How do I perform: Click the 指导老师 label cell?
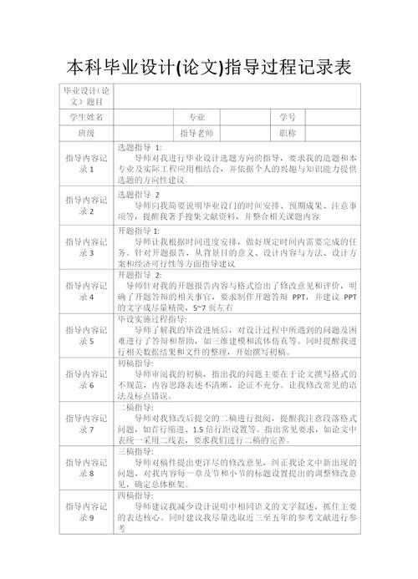pos(197,133)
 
